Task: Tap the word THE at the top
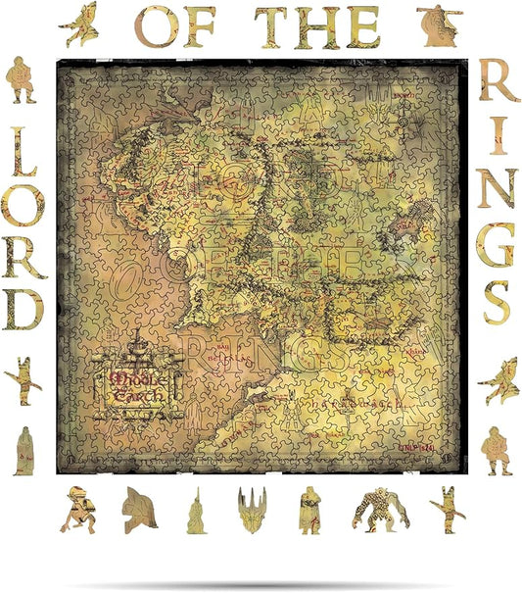click(x=317, y=26)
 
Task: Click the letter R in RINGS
click(x=498, y=84)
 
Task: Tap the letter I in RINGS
click(x=498, y=137)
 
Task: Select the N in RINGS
click(x=498, y=189)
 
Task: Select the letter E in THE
click(x=361, y=26)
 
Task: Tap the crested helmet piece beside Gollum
click(x=139, y=508)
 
